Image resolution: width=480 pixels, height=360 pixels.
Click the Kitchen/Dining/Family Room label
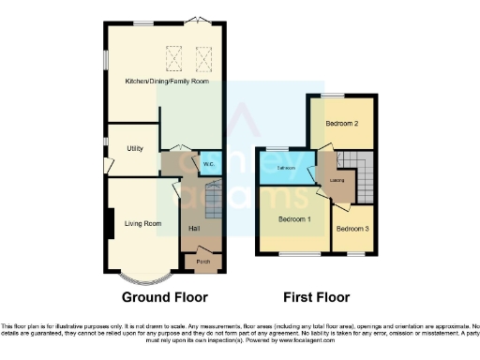[x=167, y=82]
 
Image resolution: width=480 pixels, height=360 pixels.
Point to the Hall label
[x=194, y=229]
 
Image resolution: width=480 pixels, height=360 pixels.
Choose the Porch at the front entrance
[x=202, y=262]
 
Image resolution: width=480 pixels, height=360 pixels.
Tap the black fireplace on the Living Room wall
[x=112, y=224]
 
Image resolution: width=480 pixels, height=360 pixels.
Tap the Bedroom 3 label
[x=352, y=229]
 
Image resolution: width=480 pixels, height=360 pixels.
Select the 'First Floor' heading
[x=315, y=297]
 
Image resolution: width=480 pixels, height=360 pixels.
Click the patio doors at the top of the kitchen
[x=194, y=22]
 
